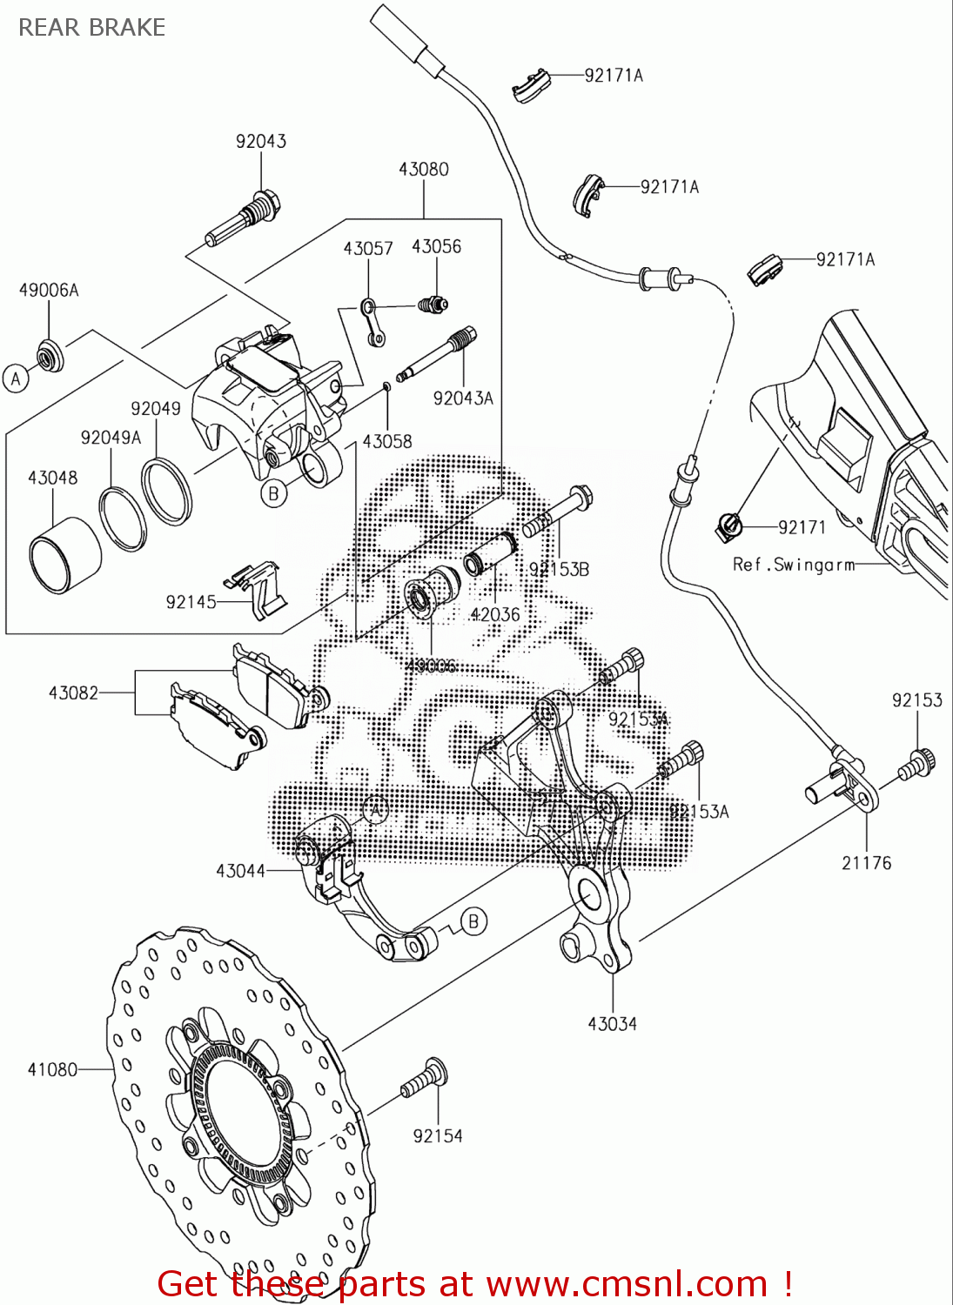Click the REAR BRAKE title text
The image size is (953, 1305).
[x=91, y=28]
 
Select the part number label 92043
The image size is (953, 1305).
[x=260, y=141]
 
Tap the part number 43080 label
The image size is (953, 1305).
[x=423, y=169]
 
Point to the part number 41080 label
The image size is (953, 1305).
[x=52, y=1069]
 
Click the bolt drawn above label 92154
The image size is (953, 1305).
[x=425, y=1079]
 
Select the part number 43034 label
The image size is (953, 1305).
[x=612, y=1024]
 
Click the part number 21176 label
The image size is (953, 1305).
[x=866, y=863]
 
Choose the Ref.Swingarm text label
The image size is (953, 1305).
[x=794, y=565]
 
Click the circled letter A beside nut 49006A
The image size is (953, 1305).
[x=16, y=379]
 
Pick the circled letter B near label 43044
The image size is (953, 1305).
[x=473, y=921]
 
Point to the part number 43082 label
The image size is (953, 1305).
[x=73, y=693]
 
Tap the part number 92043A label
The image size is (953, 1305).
[x=463, y=398]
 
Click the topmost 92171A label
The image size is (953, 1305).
[x=614, y=76]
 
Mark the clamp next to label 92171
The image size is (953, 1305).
[x=728, y=525]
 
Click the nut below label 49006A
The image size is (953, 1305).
[x=49, y=357]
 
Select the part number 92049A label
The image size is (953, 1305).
[x=111, y=438]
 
